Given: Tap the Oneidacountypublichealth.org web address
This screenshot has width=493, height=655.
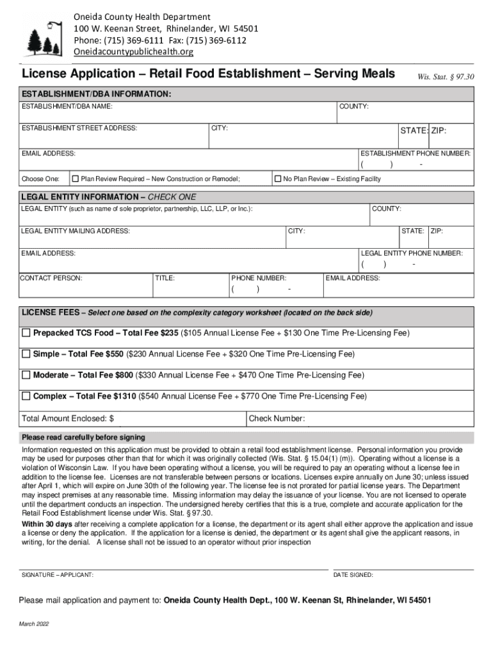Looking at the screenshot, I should tap(133, 51).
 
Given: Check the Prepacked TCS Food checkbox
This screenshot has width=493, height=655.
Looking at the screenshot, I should tap(26, 333).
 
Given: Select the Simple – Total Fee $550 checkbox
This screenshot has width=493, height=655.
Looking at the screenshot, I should tap(26, 354).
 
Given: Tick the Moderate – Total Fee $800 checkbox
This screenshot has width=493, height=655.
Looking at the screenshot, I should tap(26, 375).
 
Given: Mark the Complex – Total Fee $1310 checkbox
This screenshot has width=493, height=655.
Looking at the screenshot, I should tap(26, 396).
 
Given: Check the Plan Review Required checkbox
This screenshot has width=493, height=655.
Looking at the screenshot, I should tap(75, 178).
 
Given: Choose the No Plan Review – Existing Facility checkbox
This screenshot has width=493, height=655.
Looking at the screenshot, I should tap(278, 178).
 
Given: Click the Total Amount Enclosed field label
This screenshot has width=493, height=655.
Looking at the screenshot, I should tap(68, 419).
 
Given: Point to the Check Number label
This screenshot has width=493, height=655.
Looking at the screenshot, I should tap(277, 419).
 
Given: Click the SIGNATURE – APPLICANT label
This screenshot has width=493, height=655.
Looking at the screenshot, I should tap(58, 575).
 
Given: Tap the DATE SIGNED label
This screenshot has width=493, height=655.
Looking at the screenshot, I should tap(353, 575).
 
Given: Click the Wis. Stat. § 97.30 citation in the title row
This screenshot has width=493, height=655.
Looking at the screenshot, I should tap(446, 77).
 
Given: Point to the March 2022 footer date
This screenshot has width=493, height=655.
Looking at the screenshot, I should tap(34, 624).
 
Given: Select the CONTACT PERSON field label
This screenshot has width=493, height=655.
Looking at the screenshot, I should tap(51, 278).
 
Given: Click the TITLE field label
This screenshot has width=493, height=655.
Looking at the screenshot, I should tap(165, 278).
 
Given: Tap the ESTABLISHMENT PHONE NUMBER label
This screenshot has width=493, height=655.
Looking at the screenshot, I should tap(416, 154).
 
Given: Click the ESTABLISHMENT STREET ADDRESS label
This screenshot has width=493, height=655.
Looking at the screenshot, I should tap(79, 128).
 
